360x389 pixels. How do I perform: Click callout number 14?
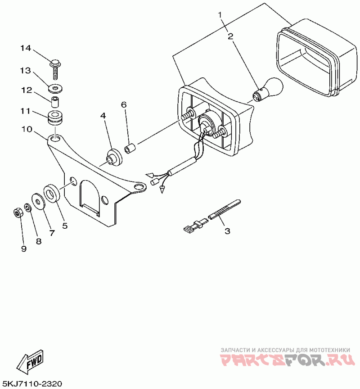click(26, 48)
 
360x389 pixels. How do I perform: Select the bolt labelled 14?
click(55, 67)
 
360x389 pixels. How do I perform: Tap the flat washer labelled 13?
click(55, 86)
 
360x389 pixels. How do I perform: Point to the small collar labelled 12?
click(55, 100)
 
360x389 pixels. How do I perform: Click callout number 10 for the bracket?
click(26, 129)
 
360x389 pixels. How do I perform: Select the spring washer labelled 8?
click(27, 208)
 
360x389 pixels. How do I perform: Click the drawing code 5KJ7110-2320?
click(32, 384)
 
